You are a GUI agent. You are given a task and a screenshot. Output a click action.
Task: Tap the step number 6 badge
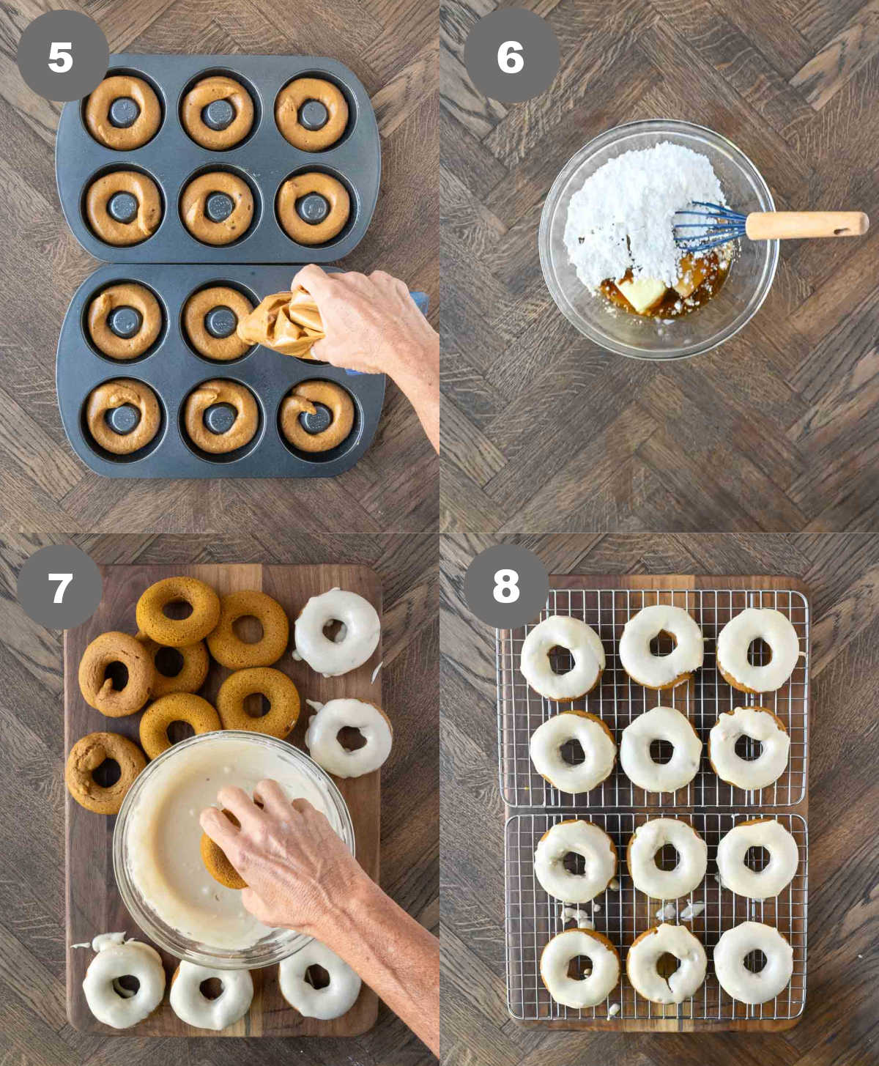(x=511, y=56)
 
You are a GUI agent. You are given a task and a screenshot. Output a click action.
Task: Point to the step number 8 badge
(x=506, y=586)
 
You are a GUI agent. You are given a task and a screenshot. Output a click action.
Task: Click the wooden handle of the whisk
(x=807, y=225)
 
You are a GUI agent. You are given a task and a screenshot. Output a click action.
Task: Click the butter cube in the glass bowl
(x=643, y=295)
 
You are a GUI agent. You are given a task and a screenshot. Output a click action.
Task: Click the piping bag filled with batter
(x=282, y=323)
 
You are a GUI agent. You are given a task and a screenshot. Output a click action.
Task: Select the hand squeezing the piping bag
(x=365, y=327)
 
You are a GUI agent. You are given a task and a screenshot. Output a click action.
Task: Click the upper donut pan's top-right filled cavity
(x=312, y=114)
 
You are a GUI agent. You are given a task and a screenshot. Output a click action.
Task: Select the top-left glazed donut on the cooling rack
(x=563, y=658)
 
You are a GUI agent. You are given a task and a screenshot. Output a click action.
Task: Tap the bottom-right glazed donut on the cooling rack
(x=754, y=963)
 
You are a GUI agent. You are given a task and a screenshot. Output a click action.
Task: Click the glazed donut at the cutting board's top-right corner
(x=337, y=632)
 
